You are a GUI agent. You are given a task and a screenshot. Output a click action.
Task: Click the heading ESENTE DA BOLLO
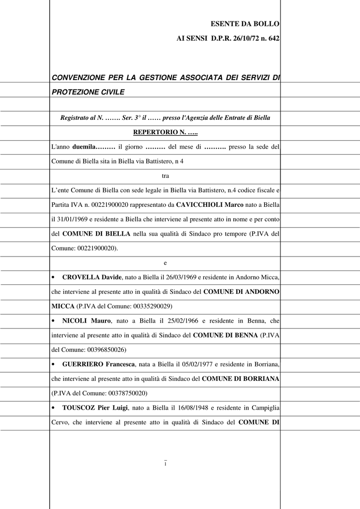point(245,24)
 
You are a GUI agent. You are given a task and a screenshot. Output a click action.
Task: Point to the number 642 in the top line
point(273,38)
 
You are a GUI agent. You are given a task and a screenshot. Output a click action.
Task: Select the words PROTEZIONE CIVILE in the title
point(88,92)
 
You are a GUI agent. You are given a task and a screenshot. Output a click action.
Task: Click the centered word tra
point(165,175)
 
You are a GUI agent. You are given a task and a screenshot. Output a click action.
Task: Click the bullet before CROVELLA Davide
point(53,277)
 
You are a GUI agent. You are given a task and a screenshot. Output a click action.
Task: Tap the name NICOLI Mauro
point(87,321)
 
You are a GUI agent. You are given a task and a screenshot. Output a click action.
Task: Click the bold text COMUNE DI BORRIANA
point(241,379)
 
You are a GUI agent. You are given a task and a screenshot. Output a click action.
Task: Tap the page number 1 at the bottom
point(165,464)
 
